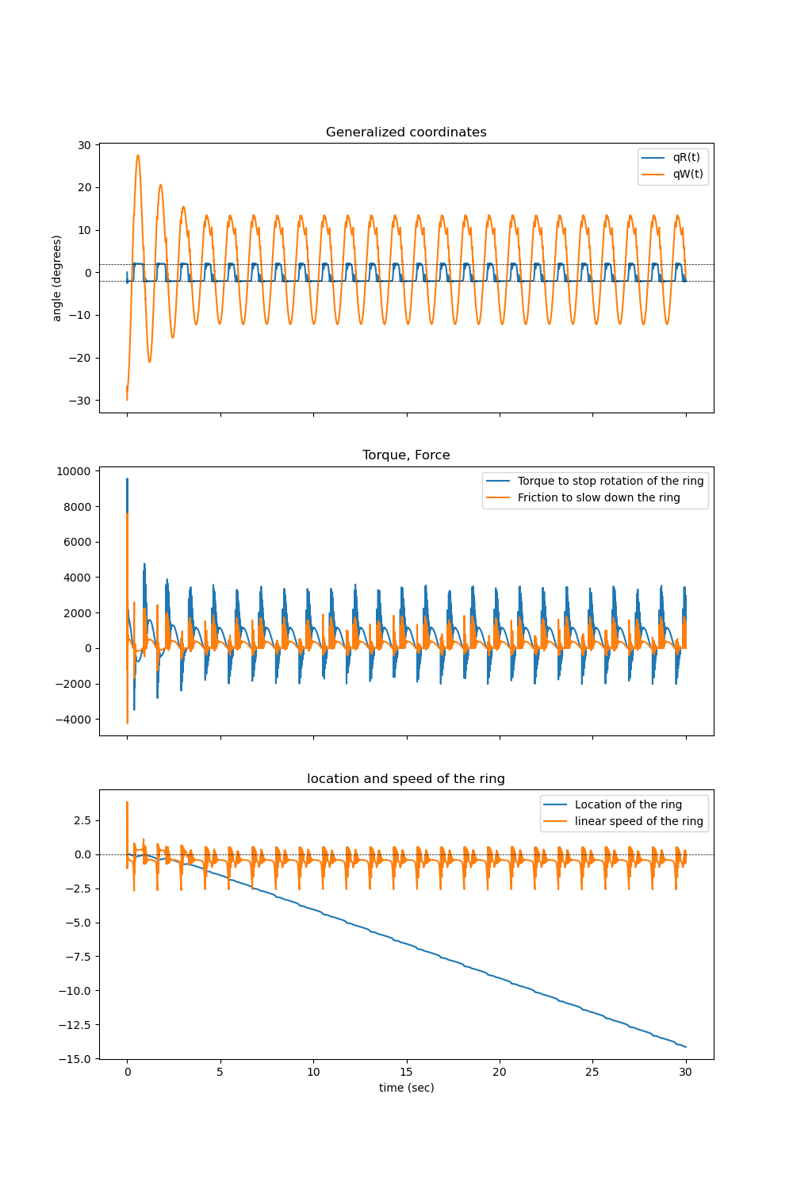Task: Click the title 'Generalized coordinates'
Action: (406, 132)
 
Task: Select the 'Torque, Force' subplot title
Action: (406, 455)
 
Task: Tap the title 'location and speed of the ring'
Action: (406, 779)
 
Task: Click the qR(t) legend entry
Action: (686, 158)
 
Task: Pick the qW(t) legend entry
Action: (688, 175)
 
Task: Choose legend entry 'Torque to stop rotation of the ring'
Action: (610, 482)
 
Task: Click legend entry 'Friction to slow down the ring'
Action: (599, 498)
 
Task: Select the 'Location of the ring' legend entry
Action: (628, 805)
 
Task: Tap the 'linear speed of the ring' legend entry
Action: (638, 822)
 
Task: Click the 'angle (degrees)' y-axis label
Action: (57, 278)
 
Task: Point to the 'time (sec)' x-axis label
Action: (406, 1088)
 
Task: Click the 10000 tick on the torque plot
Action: (74, 471)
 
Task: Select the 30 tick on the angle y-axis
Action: (84, 145)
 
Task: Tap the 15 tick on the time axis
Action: (407, 1072)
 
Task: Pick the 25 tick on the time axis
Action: (592, 1072)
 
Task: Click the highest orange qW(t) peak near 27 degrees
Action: (138, 155)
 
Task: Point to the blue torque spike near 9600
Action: (127, 479)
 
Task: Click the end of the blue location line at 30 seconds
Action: (685, 1046)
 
